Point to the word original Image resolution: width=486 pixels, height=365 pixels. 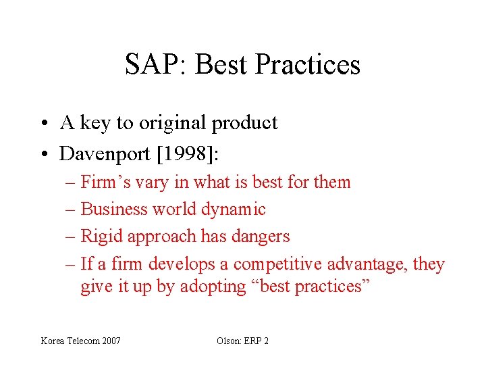[172, 123]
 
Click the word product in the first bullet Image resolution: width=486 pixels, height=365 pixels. [244, 123]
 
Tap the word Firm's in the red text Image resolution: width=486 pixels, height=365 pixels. [102, 182]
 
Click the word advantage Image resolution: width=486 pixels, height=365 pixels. [369, 264]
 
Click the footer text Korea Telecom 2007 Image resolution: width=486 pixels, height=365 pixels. [81, 341]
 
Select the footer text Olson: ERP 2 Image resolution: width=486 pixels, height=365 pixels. [242, 341]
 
